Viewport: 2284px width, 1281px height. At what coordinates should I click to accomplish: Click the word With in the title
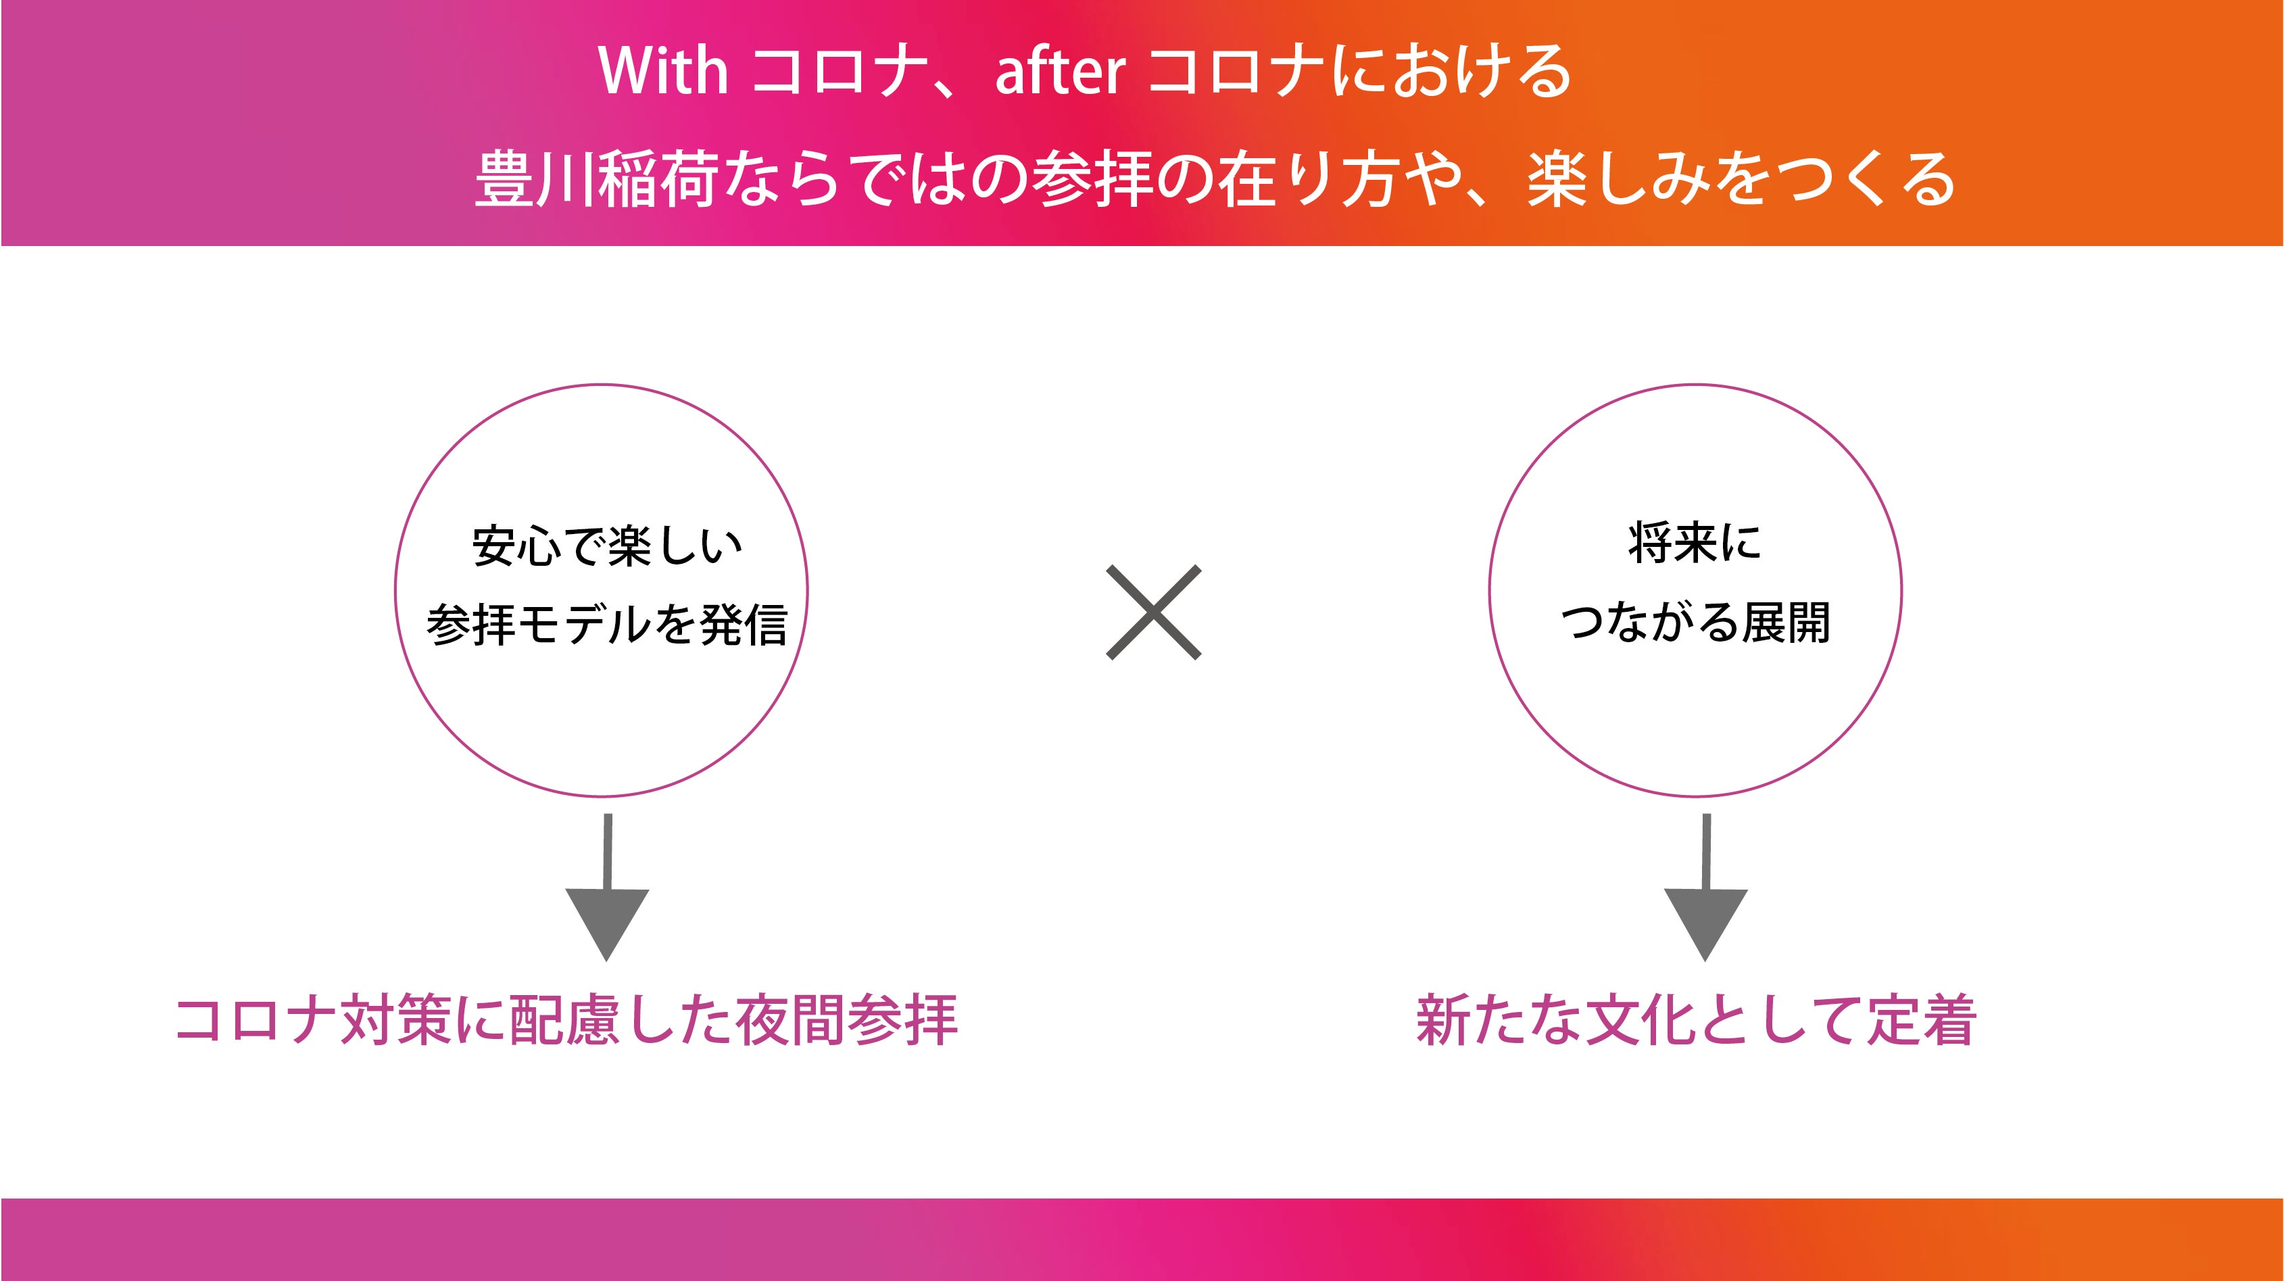point(663,70)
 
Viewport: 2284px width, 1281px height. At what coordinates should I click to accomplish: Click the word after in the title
point(1061,72)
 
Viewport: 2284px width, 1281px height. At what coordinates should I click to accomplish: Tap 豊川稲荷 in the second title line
point(596,178)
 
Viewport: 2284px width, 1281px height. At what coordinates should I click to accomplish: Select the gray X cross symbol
point(1154,612)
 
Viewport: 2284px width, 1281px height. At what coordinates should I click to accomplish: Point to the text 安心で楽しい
point(608,546)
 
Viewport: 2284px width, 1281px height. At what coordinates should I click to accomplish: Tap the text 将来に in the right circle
point(1695,543)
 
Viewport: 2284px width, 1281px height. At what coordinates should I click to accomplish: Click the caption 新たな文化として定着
point(1696,1020)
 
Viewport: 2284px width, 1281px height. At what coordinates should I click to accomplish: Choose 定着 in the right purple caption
point(1922,1020)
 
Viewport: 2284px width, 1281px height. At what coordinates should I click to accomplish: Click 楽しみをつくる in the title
point(1741,178)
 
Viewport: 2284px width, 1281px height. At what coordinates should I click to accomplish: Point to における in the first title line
point(1451,70)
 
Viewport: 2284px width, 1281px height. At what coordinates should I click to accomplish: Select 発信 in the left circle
point(743,624)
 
